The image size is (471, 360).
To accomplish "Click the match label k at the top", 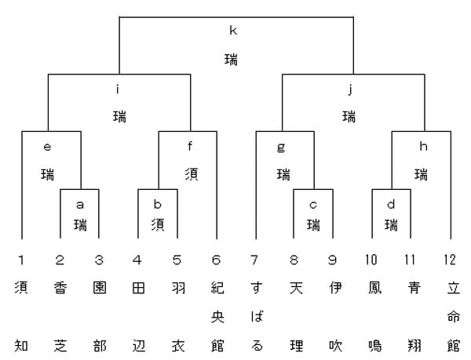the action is (233, 31).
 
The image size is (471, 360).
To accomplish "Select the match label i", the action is (118, 89).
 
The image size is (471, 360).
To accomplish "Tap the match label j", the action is (350, 89).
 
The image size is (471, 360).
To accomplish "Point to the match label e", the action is (47, 147).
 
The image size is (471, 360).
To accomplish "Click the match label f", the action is (190, 147).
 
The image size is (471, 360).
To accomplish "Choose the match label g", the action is (281, 148).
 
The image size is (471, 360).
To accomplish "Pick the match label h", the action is (423, 147).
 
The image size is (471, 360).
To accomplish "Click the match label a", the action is (79, 205).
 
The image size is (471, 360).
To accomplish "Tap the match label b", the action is (158, 204).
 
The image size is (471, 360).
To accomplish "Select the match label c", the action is (313, 205).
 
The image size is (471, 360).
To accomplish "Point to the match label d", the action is (391, 204).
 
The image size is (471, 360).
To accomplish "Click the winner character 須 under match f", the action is (192, 174).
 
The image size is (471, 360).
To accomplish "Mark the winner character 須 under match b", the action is (158, 224).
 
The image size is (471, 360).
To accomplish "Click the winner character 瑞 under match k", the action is (232, 59).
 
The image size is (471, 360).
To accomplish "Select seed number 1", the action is (20, 260).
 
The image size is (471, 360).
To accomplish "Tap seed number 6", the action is (216, 260).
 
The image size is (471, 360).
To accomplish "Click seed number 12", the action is (450, 260).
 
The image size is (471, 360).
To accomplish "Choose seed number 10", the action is (371, 260).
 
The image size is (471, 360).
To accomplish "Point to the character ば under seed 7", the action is (257, 317).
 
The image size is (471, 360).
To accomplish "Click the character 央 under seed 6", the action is (217, 317).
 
